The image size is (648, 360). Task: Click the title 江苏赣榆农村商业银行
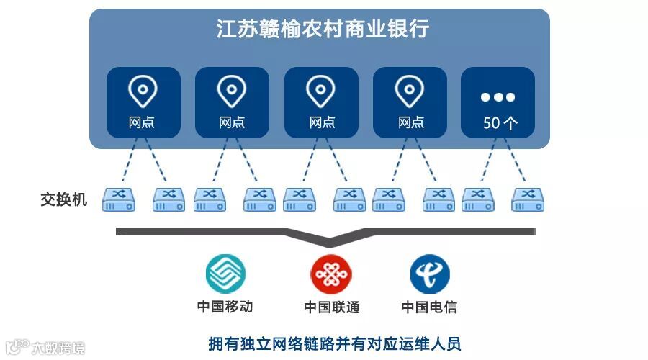point(323,30)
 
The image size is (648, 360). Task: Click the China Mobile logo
point(225,274)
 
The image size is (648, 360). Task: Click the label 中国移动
point(225,307)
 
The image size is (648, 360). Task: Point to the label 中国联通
point(331,307)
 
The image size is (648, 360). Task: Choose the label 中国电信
point(429,307)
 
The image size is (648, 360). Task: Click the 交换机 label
point(64,199)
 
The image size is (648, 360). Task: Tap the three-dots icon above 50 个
point(498,97)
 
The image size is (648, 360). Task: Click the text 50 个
point(500,122)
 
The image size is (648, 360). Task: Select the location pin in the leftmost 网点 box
point(143,91)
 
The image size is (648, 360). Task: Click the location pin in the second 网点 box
point(232,91)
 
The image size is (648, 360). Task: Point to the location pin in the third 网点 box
point(321,91)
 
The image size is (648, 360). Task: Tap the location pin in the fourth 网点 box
point(410,91)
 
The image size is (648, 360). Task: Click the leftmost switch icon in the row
point(119,199)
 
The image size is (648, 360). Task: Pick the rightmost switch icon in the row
point(528,199)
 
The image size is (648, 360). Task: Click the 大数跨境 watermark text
point(58,348)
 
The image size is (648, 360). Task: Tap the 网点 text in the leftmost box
point(142,122)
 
